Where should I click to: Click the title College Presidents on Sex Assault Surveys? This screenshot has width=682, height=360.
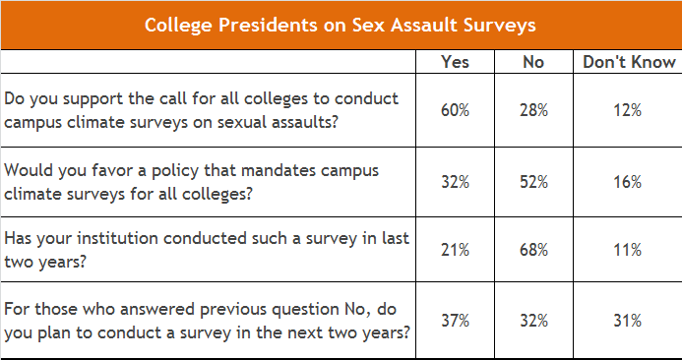(x=341, y=25)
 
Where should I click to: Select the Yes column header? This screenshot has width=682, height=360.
(x=455, y=61)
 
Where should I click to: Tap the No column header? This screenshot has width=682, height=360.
(x=533, y=61)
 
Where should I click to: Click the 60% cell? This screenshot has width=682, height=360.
(x=455, y=110)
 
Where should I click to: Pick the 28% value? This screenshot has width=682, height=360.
(x=533, y=110)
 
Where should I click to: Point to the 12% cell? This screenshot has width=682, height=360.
(x=628, y=110)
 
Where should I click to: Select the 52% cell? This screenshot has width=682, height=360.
(x=533, y=181)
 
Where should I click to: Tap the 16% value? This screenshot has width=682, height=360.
(x=628, y=181)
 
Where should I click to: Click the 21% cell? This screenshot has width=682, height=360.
(x=455, y=250)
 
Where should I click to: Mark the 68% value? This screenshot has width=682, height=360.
(x=533, y=250)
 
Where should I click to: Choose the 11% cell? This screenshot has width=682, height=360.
(x=628, y=250)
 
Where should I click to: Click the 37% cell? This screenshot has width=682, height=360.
(x=455, y=321)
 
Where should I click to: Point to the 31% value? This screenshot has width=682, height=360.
(x=628, y=321)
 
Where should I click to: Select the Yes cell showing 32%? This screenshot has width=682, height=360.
(x=455, y=181)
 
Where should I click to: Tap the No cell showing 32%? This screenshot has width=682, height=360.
(x=533, y=321)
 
